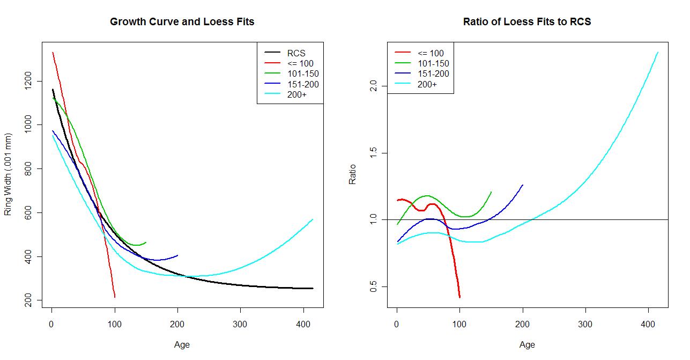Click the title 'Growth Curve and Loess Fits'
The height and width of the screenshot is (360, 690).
coord(182,22)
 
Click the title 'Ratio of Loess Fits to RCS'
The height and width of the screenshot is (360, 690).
coord(526,22)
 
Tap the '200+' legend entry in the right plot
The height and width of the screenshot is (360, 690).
coord(427,84)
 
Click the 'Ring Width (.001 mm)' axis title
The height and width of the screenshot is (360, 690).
coord(8,174)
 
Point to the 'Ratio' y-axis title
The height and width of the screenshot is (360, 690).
coord(353,174)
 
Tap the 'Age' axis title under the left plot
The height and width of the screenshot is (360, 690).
coord(182,345)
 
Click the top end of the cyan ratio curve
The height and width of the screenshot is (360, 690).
coord(658,53)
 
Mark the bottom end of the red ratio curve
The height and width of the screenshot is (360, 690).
coord(459,297)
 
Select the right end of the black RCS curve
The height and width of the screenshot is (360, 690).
coord(313,288)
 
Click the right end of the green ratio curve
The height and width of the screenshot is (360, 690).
coord(491,192)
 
